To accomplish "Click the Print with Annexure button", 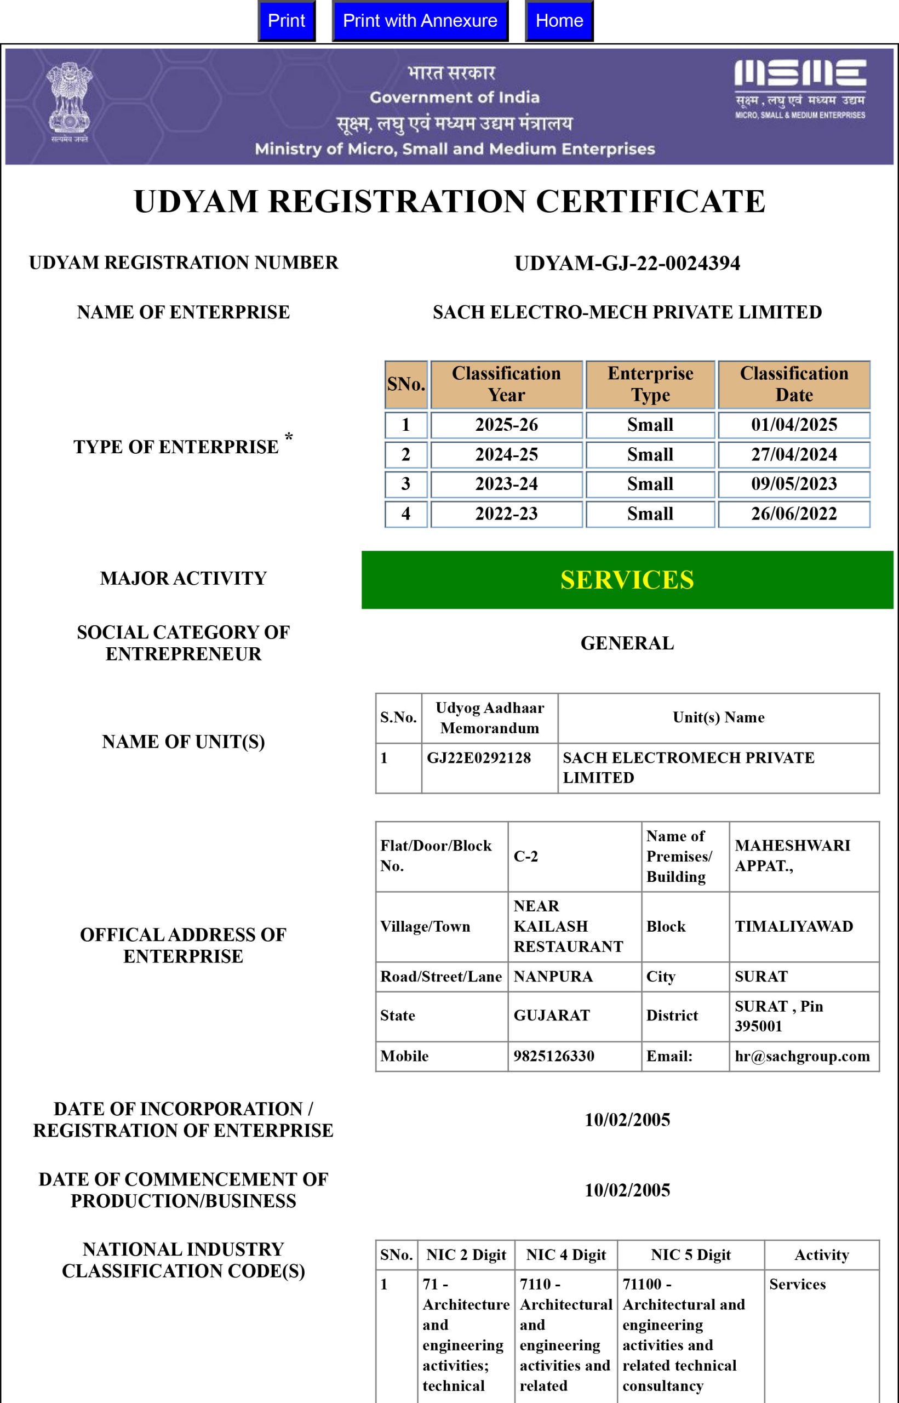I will [x=420, y=21].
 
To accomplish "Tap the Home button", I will [x=559, y=21].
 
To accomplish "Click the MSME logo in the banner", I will [x=800, y=89].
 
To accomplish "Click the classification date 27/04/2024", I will [x=793, y=454].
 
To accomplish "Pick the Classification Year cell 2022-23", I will [x=506, y=514].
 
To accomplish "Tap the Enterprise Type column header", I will [x=650, y=384].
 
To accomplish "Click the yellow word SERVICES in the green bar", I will [x=627, y=580].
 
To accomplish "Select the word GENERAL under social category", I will [x=627, y=643].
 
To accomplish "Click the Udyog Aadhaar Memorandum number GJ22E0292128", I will [x=479, y=758].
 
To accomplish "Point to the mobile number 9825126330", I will [x=553, y=1056].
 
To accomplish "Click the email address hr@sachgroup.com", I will [x=802, y=1056].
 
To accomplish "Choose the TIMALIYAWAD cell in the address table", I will [x=793, y=926].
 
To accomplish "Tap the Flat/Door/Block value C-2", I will [x=525, y=856].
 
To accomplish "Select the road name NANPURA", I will [x=553, y=976].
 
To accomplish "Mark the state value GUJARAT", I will [x=552, y=1016].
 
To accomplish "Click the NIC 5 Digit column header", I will [x=691, y=1254].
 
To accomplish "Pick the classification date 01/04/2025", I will [x=793, y=424].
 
